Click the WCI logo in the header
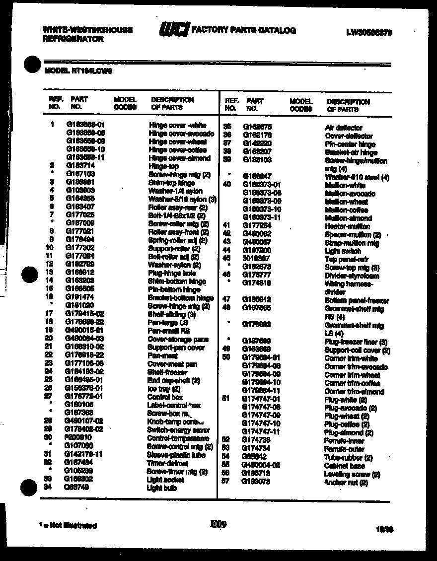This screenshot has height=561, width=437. tap(174, 30)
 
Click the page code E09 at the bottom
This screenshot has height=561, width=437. tap(218, 523)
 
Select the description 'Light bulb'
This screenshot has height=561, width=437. tap(162, 488)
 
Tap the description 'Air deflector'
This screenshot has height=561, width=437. tap(344, 128)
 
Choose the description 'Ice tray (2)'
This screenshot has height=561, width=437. tap(163, 389)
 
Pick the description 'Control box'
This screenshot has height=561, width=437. tap(165, 397)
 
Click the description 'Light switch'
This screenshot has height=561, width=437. tap(343, 251)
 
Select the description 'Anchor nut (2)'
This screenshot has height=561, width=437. tap(346, 482)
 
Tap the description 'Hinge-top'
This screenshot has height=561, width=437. tap(163, 166)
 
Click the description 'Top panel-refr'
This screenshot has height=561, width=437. tap(347, 259)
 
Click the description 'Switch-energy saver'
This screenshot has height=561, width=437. tap(171, 430)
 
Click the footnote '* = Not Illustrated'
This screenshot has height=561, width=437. tap(68, 525)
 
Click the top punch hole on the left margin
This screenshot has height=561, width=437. tap(32, 65)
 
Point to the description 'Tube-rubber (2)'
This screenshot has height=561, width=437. tap(348, 458)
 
